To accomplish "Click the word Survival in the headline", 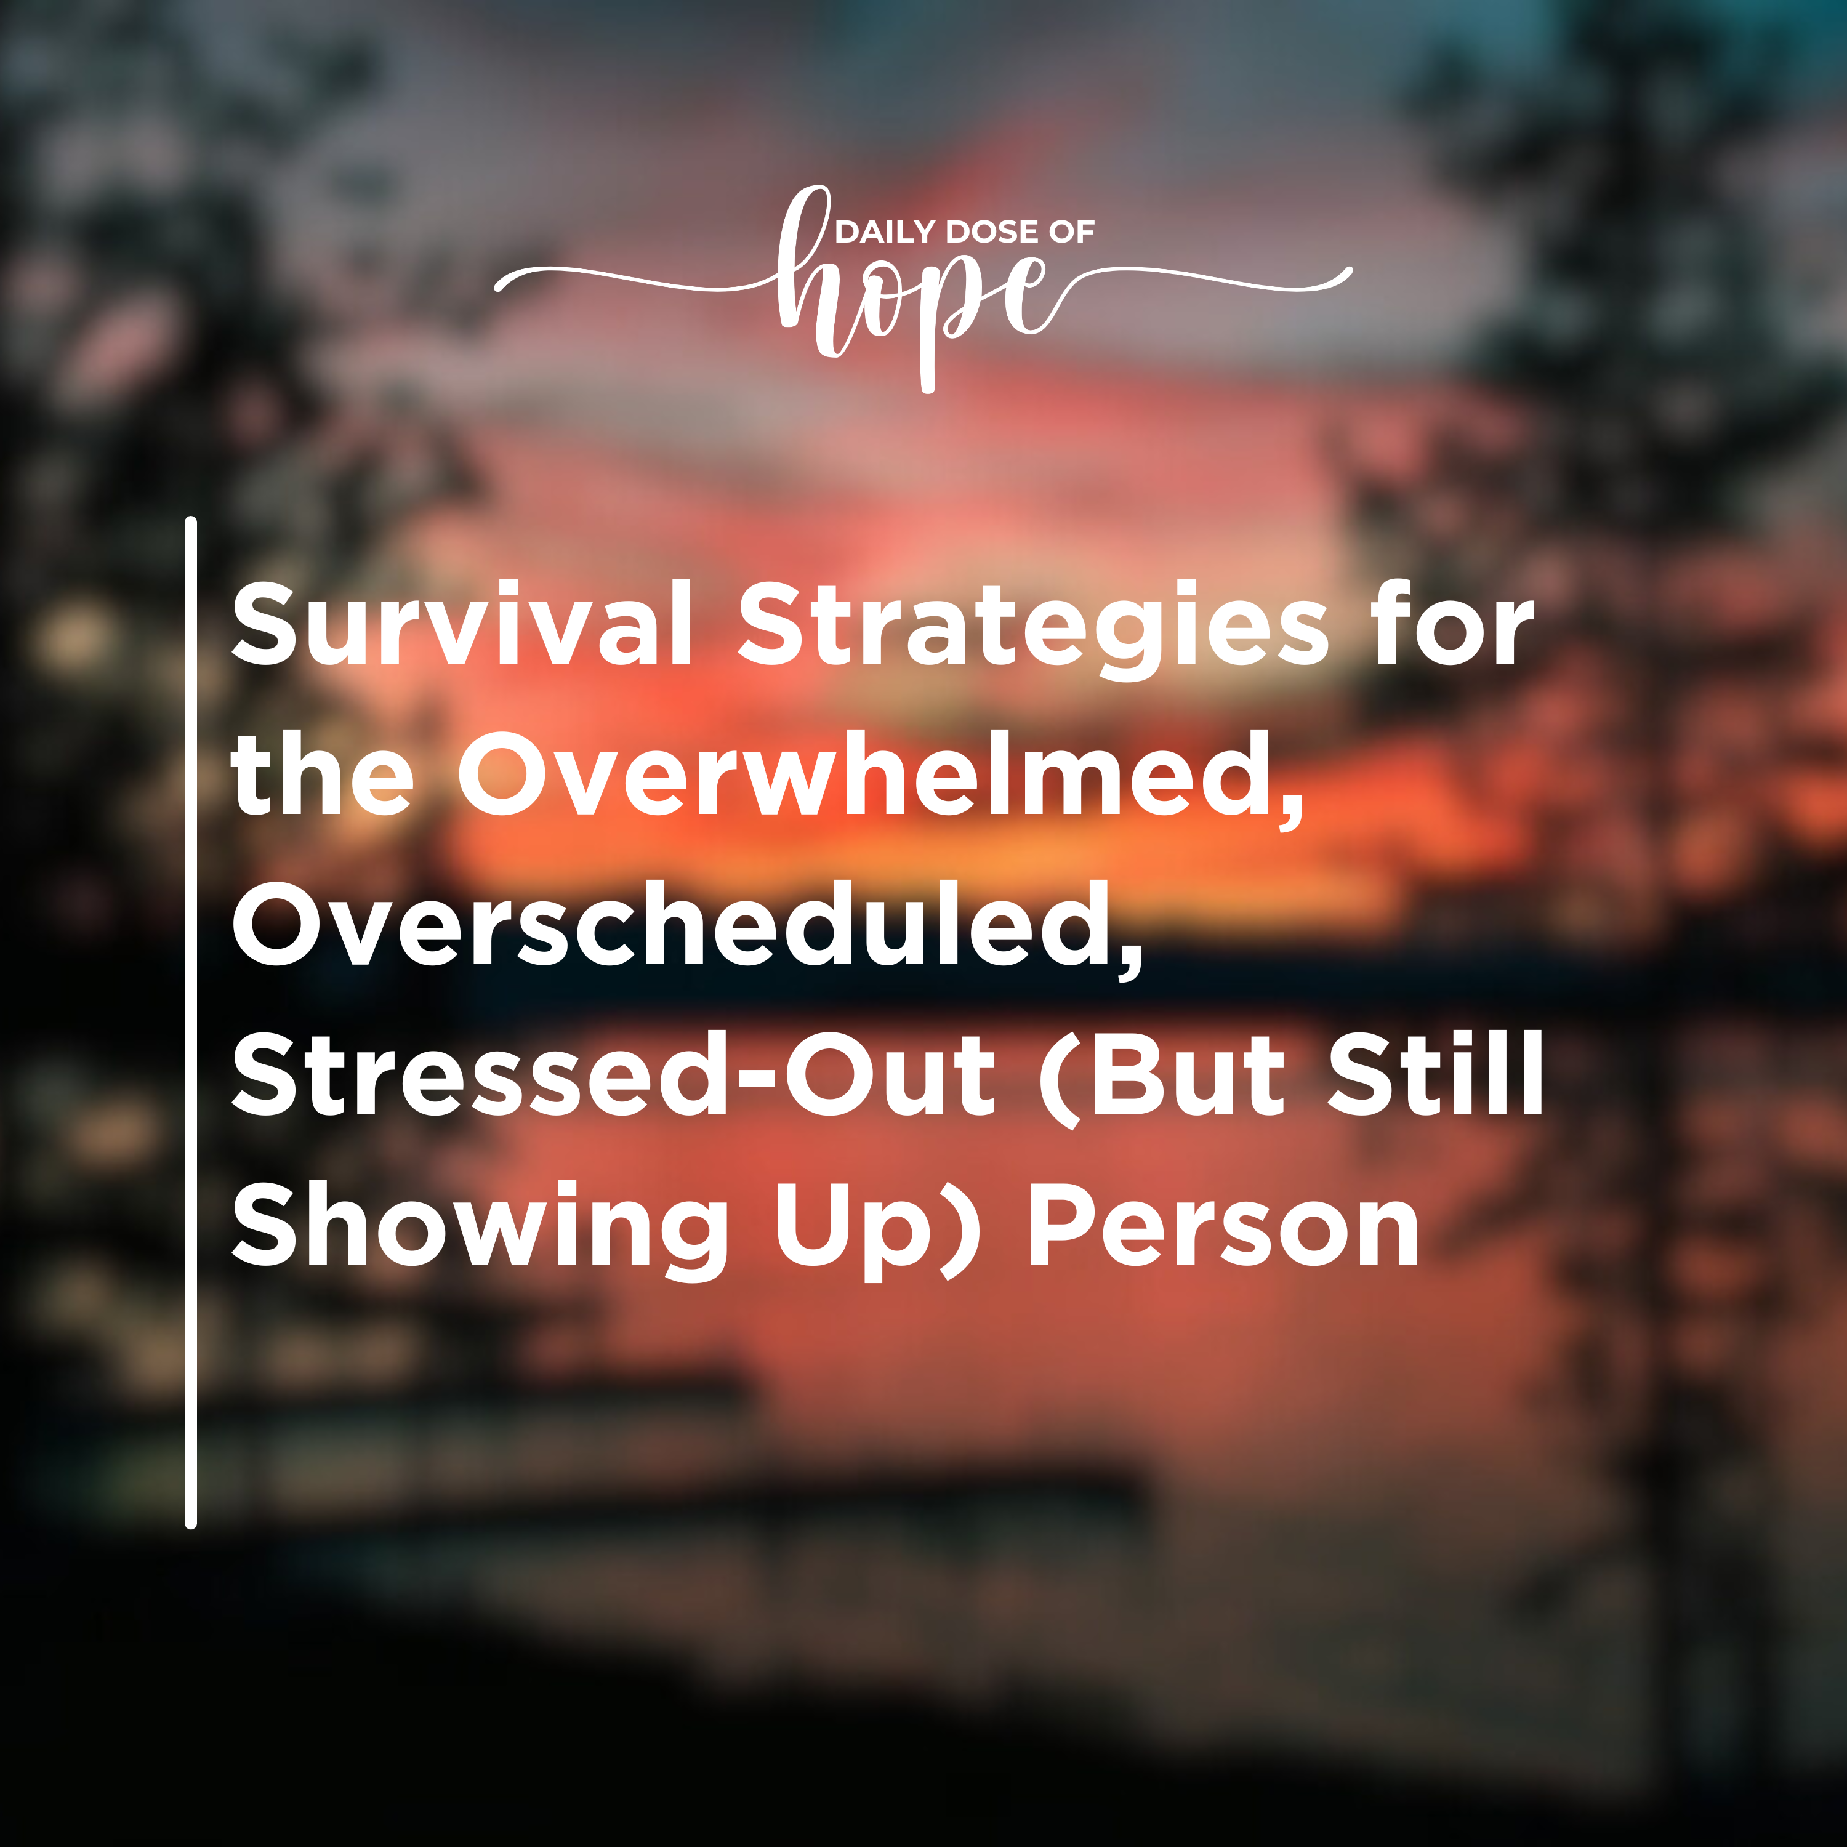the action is pyautogui.click(x=462, y=623).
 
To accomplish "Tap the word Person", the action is pyautogui.click(x=1224, y=1225).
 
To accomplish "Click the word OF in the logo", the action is pyautogui.click(x=1072, y=231).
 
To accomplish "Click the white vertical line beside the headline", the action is pyautogui.click(x=190, y=1023).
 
